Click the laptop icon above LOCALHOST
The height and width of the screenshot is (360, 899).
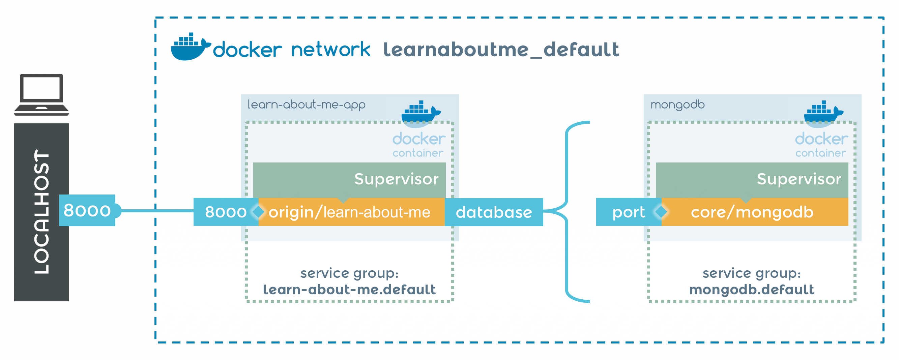pyautogui.click(x=41, y=94)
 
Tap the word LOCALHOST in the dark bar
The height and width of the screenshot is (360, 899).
pyautogui.click(x=41, y=212)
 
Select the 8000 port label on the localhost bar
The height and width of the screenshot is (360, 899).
pyautogui.click(x=87, y=210)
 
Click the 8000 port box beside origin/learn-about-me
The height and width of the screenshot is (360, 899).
pyautogui.click(x=226, y=212)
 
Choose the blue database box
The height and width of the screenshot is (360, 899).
pyautogui.click(x=493, y=212)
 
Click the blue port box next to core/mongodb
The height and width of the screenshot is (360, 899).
pyautogui.click(x=628, y=212)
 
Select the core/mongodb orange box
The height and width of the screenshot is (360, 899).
pyautogui.click(x=752, y=212)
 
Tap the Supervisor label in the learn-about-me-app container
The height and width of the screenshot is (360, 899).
pyautogui.click(x=396, y=179)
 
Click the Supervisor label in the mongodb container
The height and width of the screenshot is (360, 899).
pyautogui.click(x=799, y=179)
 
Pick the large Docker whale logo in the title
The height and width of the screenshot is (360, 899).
pyautogui.click(x=190, y=47)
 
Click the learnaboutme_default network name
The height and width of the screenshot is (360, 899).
pyautogui.click(x=501, y=50)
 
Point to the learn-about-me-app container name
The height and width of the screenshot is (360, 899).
pyautogui.click(x=307, y=104)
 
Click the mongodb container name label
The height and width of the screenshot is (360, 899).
pyautogui.click(x=677, y=104)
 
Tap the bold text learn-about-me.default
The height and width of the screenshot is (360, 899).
pyautogui.click(x=349, y=290)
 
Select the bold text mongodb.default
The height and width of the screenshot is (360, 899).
pyautogui.click(x=751, y=290)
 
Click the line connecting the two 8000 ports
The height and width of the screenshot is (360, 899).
pyautogui.click(x=157, y=211)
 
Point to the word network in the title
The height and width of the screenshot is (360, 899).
pyautogui.click(x=330, y=50)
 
